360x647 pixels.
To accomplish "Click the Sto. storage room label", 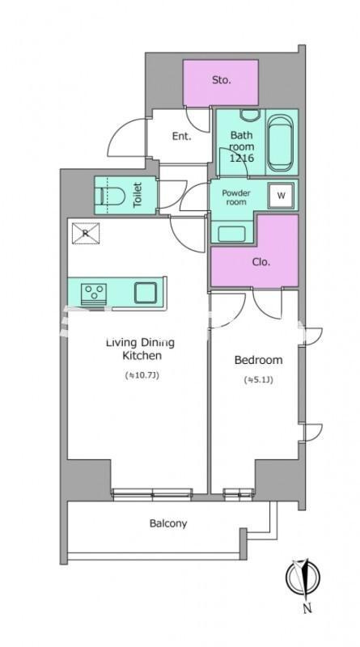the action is pyautogui.click(x=222, y=80).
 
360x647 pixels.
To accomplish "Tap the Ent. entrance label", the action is pyautogui.click(x=182, y=136).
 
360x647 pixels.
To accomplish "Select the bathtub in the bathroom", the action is pyautogui.click(x=280, y=143).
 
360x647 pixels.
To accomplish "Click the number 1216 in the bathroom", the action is pyautogui.click(x=242, y=157).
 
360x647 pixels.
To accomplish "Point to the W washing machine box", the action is pyautogui.click(x=282, y=196).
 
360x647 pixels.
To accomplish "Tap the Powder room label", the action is pyautogui.click(x=236, y=197).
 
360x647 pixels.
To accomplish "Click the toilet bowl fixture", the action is pyautogui.click(x=112, y=196).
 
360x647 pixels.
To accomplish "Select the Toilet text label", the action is pyautogui.click(x=138, y=194).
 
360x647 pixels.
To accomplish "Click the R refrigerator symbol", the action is pyautogui.click(x=86, y=233).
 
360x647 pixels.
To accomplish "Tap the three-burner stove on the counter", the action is pyautogui.click(x=94, y=294).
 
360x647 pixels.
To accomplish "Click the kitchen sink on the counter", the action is pyautogui.click(x=146, y=293).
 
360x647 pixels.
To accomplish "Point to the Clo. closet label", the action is pyautogui.click(x=261, y=261).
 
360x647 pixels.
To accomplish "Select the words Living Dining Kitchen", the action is pyautogui.click(x=141, y=349).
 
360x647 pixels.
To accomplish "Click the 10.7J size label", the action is pyautogui.click(x=142, y=375).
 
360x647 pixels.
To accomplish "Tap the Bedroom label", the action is pyautogui.click(x=258, y=360).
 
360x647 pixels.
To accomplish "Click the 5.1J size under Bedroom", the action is pyautogui.click(x=259, y=380).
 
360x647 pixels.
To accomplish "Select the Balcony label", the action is pyautogui.click(x=168, y=523).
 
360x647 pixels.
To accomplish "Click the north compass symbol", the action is pyautogui.click(x=303, y=577).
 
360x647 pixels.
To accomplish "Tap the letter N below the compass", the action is pyautogui.click(x=307, y=608).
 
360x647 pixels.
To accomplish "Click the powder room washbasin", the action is pyautogui.click(x=231, y=234).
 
